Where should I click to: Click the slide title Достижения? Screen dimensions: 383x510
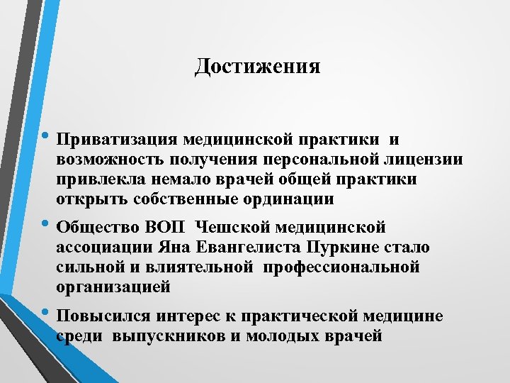(257, 67)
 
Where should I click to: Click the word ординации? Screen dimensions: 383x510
(290, 200)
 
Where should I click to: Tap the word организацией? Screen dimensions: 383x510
(113, 288)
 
